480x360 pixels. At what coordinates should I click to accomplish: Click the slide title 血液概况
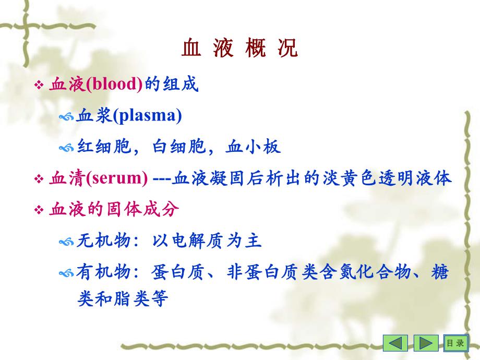click(240, 49)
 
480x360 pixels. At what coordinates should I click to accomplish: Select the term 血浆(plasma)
click(129, 116)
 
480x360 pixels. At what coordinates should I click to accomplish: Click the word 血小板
click(253, 147)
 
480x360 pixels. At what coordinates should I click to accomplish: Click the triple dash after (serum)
click(162, 179)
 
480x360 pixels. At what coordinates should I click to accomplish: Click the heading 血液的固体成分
click(114, 210)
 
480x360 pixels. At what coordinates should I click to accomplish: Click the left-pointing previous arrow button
click(395, 343)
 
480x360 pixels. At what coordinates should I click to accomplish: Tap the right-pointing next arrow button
click(426, 343)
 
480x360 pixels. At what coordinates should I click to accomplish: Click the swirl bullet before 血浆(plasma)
click(67, 117)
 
